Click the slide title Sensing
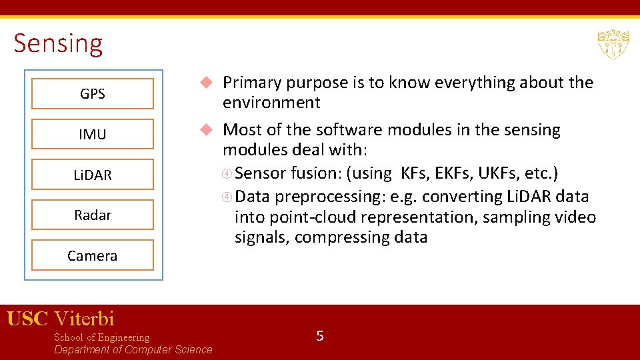tap(58, 43)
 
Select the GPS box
tap(93, 94)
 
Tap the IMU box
tap(93, 134)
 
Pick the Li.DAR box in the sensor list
tap(93, 175)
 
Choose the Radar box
tap(93, 215)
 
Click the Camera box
tap(93, 255)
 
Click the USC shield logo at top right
tap(613, 45)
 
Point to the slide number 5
tap(320, 336)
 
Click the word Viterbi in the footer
tap(84, 319)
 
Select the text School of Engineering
tap(101, 337)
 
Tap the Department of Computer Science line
tap(133, 350)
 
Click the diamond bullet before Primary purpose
tap(207, 83)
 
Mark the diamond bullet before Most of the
tap(207, 129)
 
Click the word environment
tap(271, 103)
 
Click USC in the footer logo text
tap(27, 319)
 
